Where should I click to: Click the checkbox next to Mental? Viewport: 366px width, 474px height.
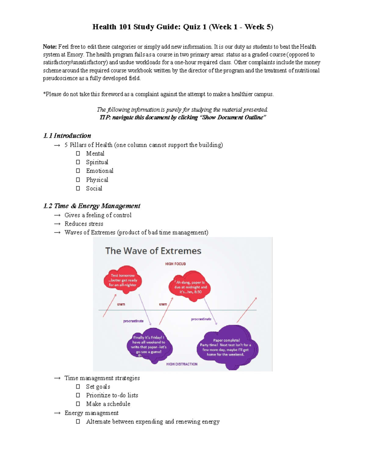pyautogui.click(x=78, y=154)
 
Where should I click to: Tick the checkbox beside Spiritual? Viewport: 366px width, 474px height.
pyautogui.click(x=78, y=162)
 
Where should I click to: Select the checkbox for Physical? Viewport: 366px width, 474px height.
pyautogui.click(x=78, y=180)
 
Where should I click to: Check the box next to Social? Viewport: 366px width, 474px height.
pyautogui.click(x=78, y=188)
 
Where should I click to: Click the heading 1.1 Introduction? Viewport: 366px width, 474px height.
pyautogui.click(x=67, y=136)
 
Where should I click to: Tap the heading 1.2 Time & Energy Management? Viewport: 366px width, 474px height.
pyautogui.click(x=92, y=206)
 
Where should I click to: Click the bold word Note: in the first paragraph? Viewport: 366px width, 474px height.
pyautogui.click(x=50, y=47)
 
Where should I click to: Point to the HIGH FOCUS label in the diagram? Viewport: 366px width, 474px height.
pyautogui.click(x=175, y=264)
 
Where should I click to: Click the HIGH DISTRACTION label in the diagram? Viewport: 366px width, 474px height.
pyautogui.click(x=182, y=364)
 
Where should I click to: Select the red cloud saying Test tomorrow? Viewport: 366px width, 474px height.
pyautogui.click(x=123, y=280)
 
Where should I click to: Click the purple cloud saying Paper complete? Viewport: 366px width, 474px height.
pyautogui.click(x=227, y=347)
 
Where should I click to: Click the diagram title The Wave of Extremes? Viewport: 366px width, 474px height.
pyautogui.click(x=153, y=251)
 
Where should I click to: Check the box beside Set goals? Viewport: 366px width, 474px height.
pyautogui.click(x=78, y=387)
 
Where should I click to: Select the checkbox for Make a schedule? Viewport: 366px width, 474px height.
pyautogui.click(x=78, y=404)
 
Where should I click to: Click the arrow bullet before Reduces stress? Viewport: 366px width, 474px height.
pyautogui.click(x=57, y=224)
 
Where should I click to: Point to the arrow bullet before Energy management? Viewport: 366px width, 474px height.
pyautogui.click(x=57, y=413)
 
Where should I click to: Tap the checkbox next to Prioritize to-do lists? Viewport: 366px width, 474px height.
pyautogui.click(x=78, y=395)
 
